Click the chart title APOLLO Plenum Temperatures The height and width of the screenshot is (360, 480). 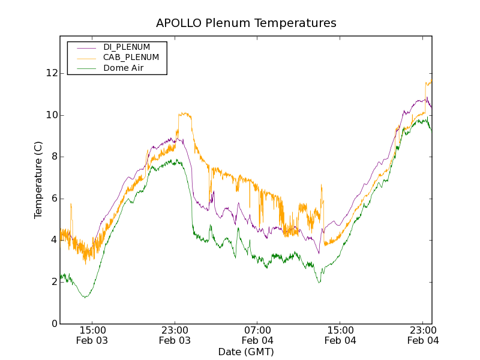coord(246,23)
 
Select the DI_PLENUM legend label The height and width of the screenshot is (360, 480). coord(127,47)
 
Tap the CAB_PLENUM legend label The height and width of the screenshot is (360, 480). coord(131,58)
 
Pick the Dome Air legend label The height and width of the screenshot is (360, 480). coord(123,68)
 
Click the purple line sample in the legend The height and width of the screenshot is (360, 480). coord(83,47)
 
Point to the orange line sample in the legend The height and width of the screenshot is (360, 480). coord(83,58)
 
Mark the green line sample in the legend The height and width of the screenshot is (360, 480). coord(83,68)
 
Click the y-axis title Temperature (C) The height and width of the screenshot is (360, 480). coord(38,180)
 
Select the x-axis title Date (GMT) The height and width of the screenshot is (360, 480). coord(246,352)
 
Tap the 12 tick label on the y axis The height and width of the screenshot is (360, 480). coord(51,73)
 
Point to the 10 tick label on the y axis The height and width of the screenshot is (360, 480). coord(51,115)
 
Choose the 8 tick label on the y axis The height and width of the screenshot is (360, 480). coord(53,157)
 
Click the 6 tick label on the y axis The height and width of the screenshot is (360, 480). coord(53,199)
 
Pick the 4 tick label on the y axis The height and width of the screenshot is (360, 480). coord(53,240)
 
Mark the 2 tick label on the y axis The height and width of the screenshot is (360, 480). coord(53,282)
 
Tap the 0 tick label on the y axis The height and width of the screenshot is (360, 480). coord(53,324)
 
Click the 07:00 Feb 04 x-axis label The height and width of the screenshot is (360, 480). coord(257,335)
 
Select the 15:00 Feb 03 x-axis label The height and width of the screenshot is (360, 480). coord(92,335)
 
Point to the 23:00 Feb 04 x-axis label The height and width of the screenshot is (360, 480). coord(423,335)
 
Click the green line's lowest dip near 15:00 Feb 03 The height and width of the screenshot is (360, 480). coord(85,297)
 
